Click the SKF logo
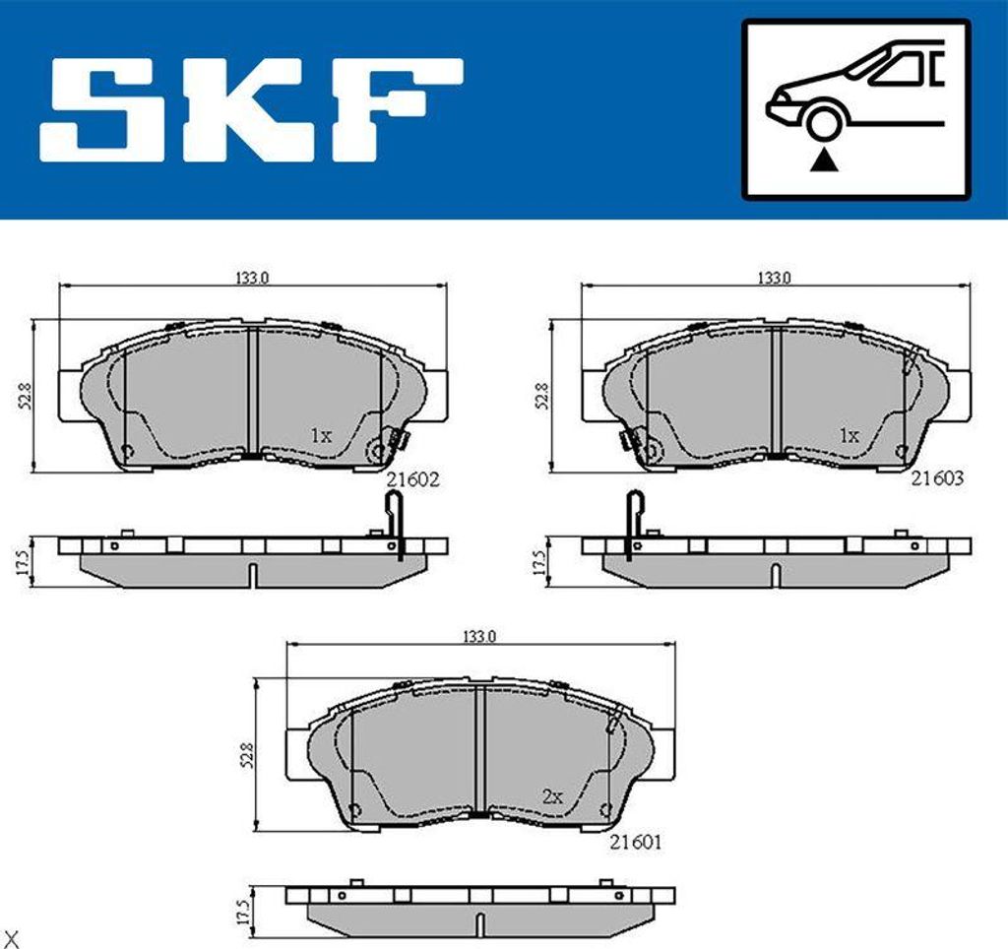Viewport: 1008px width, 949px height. click(251, 109)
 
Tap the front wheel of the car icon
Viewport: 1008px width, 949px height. click(824, 123)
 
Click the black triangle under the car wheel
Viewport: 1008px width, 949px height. click(824, 160)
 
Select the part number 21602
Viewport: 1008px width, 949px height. click(412, 479)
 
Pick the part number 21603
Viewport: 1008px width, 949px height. click(937, 478)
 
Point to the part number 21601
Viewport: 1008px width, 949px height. click(635, 842)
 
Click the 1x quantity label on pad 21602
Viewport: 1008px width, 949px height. click(321, 436)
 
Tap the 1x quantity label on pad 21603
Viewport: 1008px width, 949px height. click(849, 436)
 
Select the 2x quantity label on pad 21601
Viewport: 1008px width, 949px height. click(552, 797)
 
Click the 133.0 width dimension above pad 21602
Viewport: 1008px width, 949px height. click(251, 278)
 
